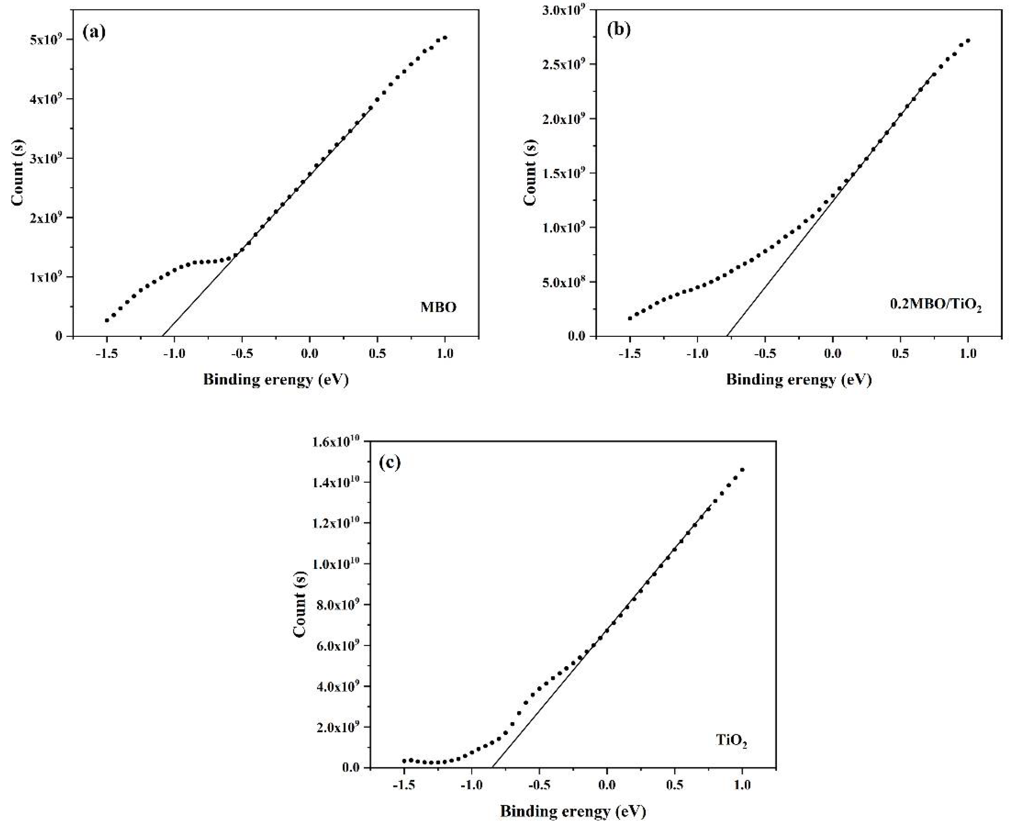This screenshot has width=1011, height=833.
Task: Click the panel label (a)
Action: click(x=94, y=33)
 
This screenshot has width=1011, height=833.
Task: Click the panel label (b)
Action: click(x=619, y=30)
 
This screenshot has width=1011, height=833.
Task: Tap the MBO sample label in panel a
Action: click(x=438, y=307)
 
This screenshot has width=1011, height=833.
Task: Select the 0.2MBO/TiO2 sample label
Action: click(x=935, y=305)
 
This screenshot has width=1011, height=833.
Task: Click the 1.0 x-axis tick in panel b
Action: click(x=968, y=354)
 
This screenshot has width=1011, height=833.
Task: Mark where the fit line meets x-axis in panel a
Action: click(x=163, y=336)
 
